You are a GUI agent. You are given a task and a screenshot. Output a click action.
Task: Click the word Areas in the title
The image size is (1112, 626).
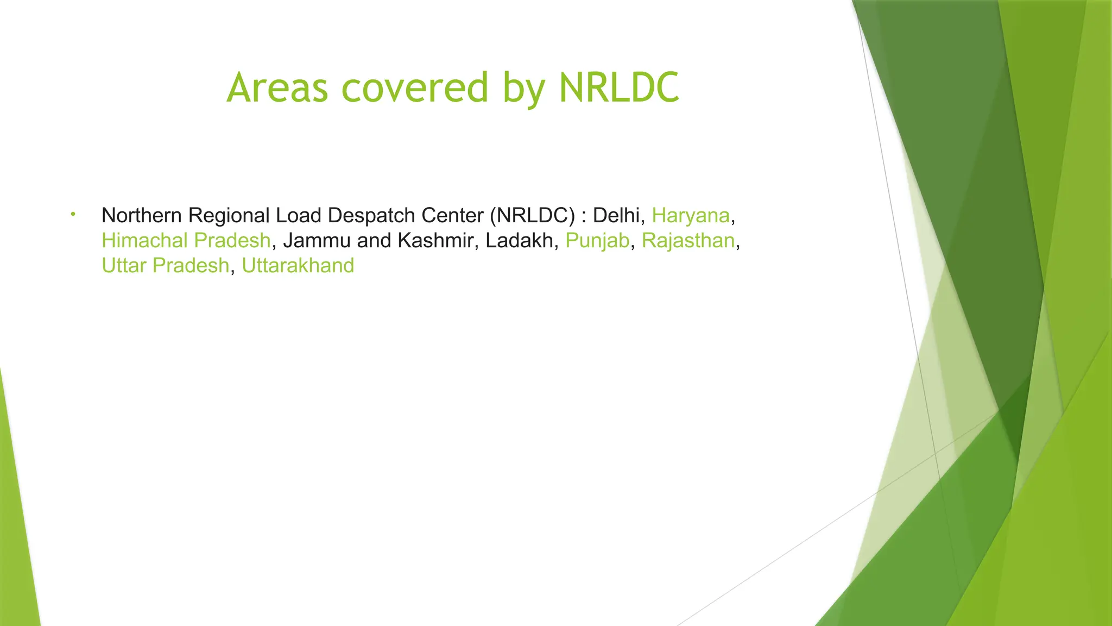tap(277, 87)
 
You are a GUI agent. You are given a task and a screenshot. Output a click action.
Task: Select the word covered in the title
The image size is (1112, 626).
tap(415, 87)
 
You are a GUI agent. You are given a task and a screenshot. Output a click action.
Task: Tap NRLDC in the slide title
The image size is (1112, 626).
tap(619, 87)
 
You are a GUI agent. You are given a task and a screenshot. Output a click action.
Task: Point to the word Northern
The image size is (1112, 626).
tap(141, 216)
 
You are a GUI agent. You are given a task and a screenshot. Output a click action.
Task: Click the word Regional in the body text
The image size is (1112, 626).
tap(229, 216)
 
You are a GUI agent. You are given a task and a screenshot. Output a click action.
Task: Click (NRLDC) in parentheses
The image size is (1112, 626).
tap(532, 216)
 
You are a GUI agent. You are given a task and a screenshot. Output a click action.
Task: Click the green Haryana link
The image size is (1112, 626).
tap(691, 216)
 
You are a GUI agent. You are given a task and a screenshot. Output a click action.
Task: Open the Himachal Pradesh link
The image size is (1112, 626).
tap(186, 241)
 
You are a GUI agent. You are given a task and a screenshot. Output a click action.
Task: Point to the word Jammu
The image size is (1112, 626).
tap(317, 241)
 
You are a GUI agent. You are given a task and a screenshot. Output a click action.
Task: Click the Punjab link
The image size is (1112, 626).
tap(597, 241)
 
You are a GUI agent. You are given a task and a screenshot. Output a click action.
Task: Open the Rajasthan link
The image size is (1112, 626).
tap(688, 241)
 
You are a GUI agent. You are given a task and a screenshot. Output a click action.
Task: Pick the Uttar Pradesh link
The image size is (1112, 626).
tap(165, 266)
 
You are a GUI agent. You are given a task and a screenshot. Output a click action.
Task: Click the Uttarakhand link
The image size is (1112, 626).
tap(298, 266)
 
